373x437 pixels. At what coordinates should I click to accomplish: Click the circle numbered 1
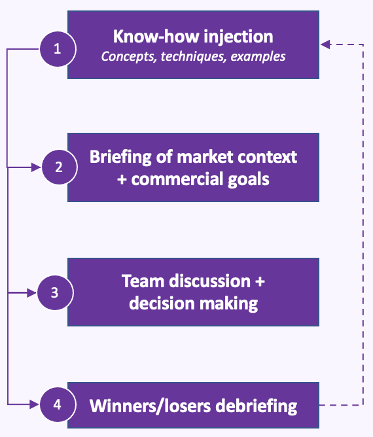tap(58, 49)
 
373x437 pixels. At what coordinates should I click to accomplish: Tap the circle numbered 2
tap(59, 167)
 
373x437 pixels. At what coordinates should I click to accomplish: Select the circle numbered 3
tap(55, 292)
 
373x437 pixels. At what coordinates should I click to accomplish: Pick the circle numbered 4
tap(58, 404)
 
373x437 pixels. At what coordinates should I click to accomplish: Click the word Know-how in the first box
tap(156, 37)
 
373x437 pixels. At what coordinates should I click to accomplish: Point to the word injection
tap(239, 37)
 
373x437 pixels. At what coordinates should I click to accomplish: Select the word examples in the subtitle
tap(258, 57)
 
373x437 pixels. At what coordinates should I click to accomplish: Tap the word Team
tap(143, 281)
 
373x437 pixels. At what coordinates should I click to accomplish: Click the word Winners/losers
tap(151, 406)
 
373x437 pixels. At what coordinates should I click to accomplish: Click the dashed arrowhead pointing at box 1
tap(326, 44)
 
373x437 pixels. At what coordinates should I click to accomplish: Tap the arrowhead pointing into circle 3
tap(32, 293)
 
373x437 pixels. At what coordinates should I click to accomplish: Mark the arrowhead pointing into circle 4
tap(35, 404)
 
